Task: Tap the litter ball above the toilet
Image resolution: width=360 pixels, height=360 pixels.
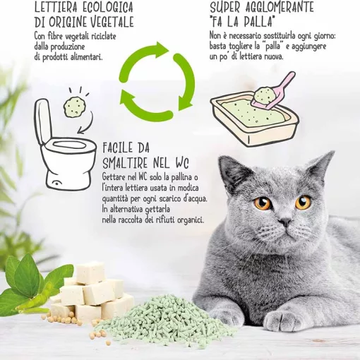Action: click(x=73, y=107)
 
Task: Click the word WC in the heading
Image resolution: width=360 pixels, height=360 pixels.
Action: click(x=185, y=162)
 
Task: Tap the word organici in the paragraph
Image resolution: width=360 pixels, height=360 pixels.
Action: click(x=183, y=220)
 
